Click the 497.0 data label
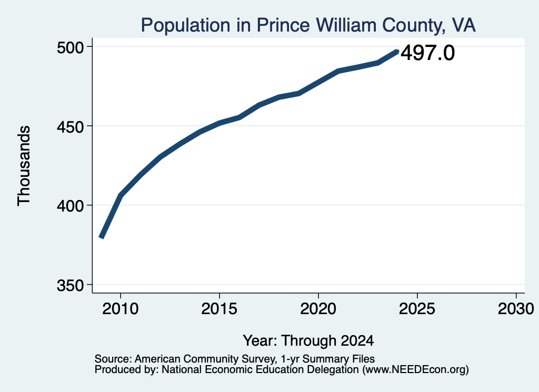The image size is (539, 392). (x=427, y=53)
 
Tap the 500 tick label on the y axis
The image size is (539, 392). (x=71, y=47)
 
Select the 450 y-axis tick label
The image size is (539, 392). (x=71, y=126)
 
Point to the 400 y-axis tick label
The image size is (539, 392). (x=71, y=206)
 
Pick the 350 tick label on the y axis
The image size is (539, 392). (x=71, y=285)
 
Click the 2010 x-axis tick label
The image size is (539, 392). (x=121, y=308)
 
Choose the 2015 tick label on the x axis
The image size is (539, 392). (x=219, y=308)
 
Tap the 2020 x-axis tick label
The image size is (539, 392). (x=318, y=308)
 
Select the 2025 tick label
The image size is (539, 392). (x=417, y=308)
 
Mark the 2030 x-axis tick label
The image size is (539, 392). (x=516, y=308)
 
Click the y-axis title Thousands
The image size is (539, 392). (x=24, y=166)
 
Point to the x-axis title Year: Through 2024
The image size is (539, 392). (x=308, y=340)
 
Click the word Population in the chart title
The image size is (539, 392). (x=186, y=25)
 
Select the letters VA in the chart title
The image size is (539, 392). (x=464, y=25)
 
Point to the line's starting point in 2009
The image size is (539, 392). (x=101, y=237)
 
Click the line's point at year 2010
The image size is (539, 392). (x=121, y=196)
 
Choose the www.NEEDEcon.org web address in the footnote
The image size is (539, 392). (x=415, y=370)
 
